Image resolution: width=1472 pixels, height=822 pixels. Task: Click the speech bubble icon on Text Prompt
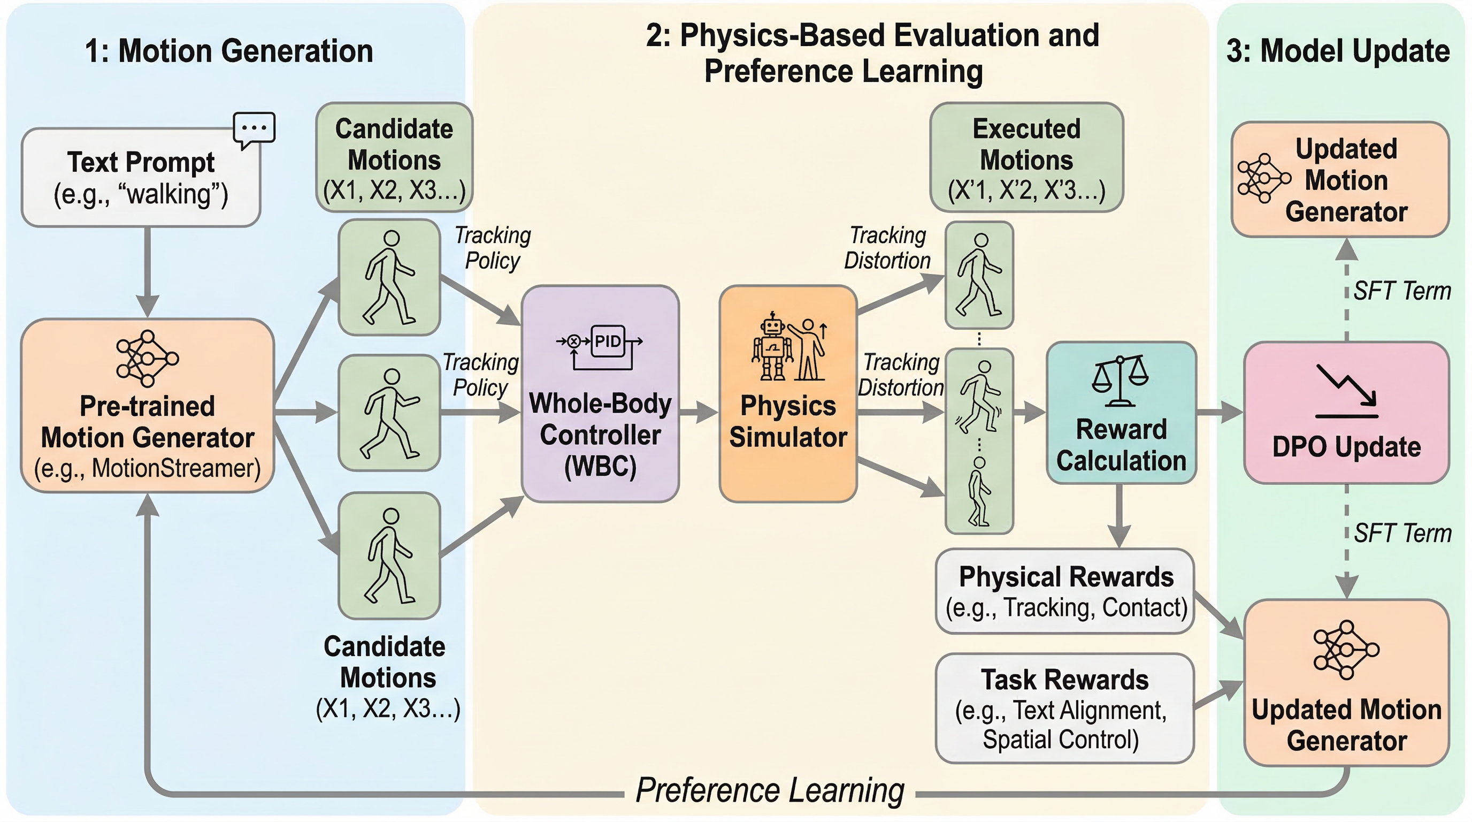coord(254,128)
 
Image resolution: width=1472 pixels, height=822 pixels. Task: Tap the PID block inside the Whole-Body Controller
coord(608,341)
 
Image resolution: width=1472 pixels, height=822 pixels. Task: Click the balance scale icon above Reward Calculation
coord(1121,379)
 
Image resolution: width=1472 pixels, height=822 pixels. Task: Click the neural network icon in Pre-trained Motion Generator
coord(148,359)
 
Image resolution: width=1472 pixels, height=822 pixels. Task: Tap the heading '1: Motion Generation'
coord(228,51)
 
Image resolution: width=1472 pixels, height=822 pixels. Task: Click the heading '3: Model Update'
coord(1338,51)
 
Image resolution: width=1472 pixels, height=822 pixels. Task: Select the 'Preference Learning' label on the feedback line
coord(770,790)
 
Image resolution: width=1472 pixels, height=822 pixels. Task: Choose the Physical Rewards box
coord(1065,591)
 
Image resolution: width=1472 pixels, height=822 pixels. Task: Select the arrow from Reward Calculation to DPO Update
coord(1220,412)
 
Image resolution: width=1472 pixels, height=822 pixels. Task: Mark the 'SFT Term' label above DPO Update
coord(1402,291)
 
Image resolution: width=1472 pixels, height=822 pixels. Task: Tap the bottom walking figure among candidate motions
coord(390,556)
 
